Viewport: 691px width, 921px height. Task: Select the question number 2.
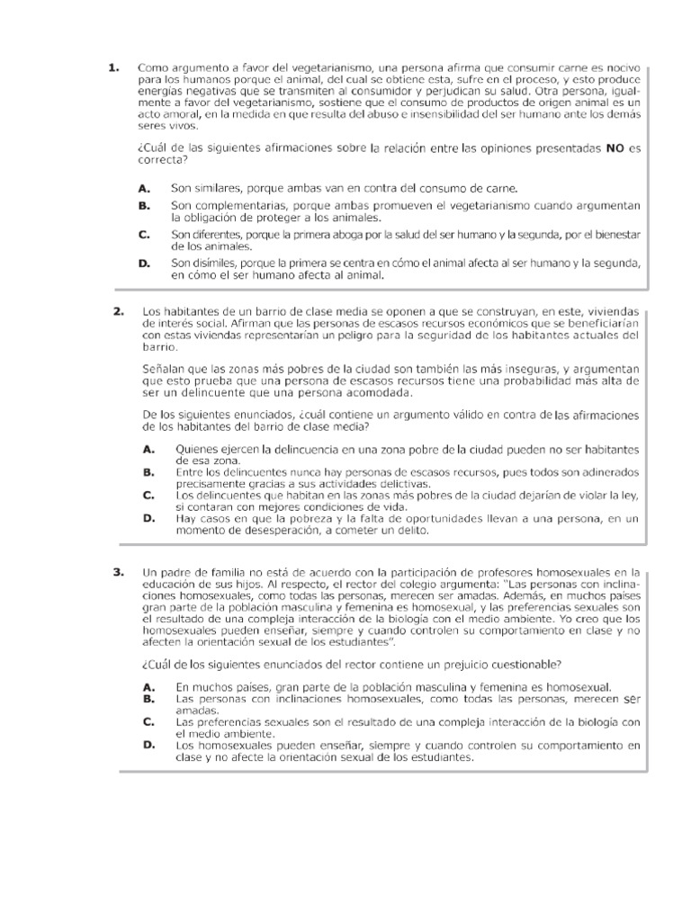pos(118,310)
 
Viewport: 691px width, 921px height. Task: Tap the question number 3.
pos(118,571)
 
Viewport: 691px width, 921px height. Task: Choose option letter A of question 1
pos(143,188)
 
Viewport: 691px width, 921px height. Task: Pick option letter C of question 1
pos(143,234)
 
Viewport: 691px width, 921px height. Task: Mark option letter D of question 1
pos(143,263)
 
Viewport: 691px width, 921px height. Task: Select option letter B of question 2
pos(148,471)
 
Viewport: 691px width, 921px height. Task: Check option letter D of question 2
pos(148,518)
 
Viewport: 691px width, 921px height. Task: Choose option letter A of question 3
pos(148,686)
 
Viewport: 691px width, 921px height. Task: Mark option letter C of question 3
pos(148,721)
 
